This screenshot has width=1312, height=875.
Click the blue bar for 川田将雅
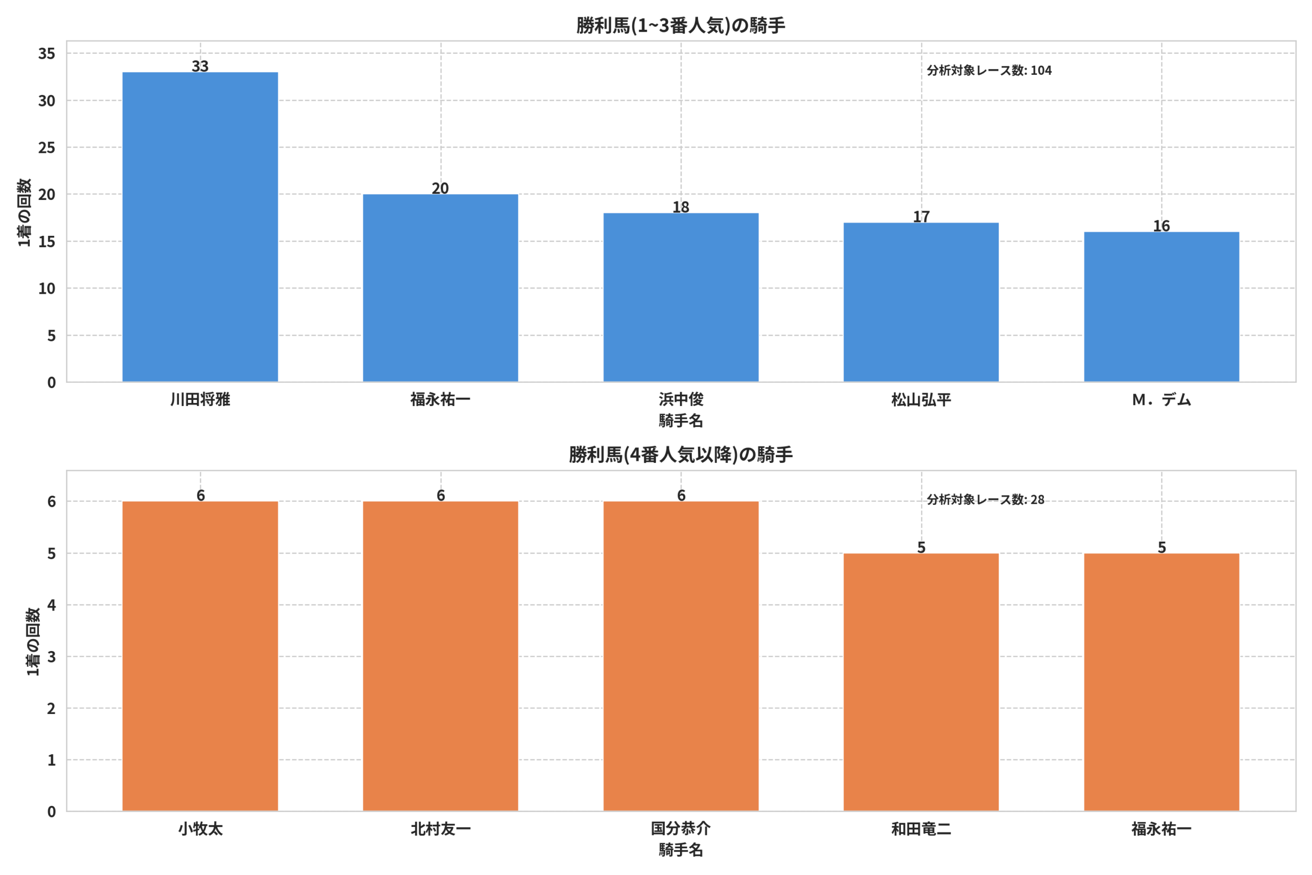[x=200, y=227]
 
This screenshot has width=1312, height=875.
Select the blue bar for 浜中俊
[x=681, y=297]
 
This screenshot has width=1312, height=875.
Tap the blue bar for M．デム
[x=1161, y=307]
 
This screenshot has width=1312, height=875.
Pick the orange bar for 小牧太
[x=200, y=656]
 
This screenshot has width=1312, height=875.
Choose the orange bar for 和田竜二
[x=921, y=682]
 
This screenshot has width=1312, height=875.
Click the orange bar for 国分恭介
[x=681, y=656]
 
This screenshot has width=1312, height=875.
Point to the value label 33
[x=200, y=66]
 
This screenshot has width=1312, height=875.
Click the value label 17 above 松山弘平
[x=921, y=216]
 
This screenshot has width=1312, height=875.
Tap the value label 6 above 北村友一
[x=441, y=495]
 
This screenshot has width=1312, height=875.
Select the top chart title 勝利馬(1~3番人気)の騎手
[x=681, y=26]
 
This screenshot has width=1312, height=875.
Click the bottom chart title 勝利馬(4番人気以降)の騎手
[x=681, y=455]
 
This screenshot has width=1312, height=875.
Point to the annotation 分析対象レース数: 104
[x=989, y=70]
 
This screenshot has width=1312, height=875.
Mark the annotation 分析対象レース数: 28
[x=986, y=499]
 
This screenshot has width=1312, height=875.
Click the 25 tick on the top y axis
[x=47, y=148]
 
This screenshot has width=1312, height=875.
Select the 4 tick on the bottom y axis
[x=51, y=605]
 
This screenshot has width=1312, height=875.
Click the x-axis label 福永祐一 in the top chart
[x=441, y=399]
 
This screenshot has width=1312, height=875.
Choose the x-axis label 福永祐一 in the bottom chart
[x=1161, y=829]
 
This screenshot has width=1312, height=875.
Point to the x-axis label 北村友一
[x=441, y=829]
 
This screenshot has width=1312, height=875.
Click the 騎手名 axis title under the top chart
[x=681, y=421]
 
